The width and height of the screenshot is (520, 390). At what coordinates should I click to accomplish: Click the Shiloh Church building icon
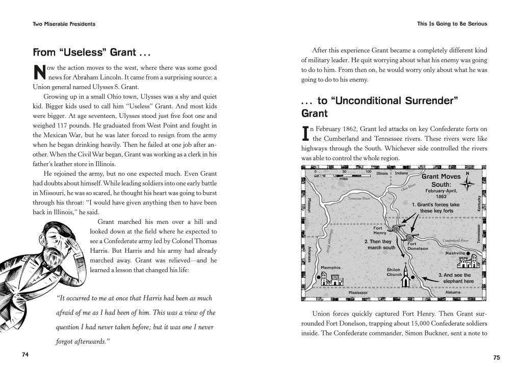pyautogui.click(x=406, y=277)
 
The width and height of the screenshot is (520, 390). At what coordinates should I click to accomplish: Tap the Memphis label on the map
pyautogui.click(x=330, y=268)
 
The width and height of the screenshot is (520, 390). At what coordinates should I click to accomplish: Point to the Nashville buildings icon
pyautogui.click(x=469, y=262)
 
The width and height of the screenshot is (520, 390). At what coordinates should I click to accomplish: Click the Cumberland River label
pyautogui.click(x=455, y=240)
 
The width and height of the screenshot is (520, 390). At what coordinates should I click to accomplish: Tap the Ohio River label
pyautogui.click(x=408, y=188)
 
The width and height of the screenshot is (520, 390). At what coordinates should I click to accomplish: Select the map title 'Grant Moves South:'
pyautogui.click(x=441, y=180)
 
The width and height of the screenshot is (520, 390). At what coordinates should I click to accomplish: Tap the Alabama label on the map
pyautogui.click(x=452, y=293)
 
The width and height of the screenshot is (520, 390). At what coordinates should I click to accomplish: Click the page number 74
pyautogui.click(x=25, y=355)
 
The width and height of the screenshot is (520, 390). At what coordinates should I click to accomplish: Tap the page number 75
pyautogui.click(x=496, y=358)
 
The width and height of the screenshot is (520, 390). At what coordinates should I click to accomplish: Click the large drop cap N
pyautogui.click(x=39, y=72)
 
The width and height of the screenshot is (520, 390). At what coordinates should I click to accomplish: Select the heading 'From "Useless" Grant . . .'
pyautogui.click(x=92, y=53)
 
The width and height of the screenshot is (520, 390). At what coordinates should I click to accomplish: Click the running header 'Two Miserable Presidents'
pyautogui.click(x=64, y=24)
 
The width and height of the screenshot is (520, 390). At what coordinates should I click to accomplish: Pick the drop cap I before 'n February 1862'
pyautogui.click(x=305, y=134)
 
